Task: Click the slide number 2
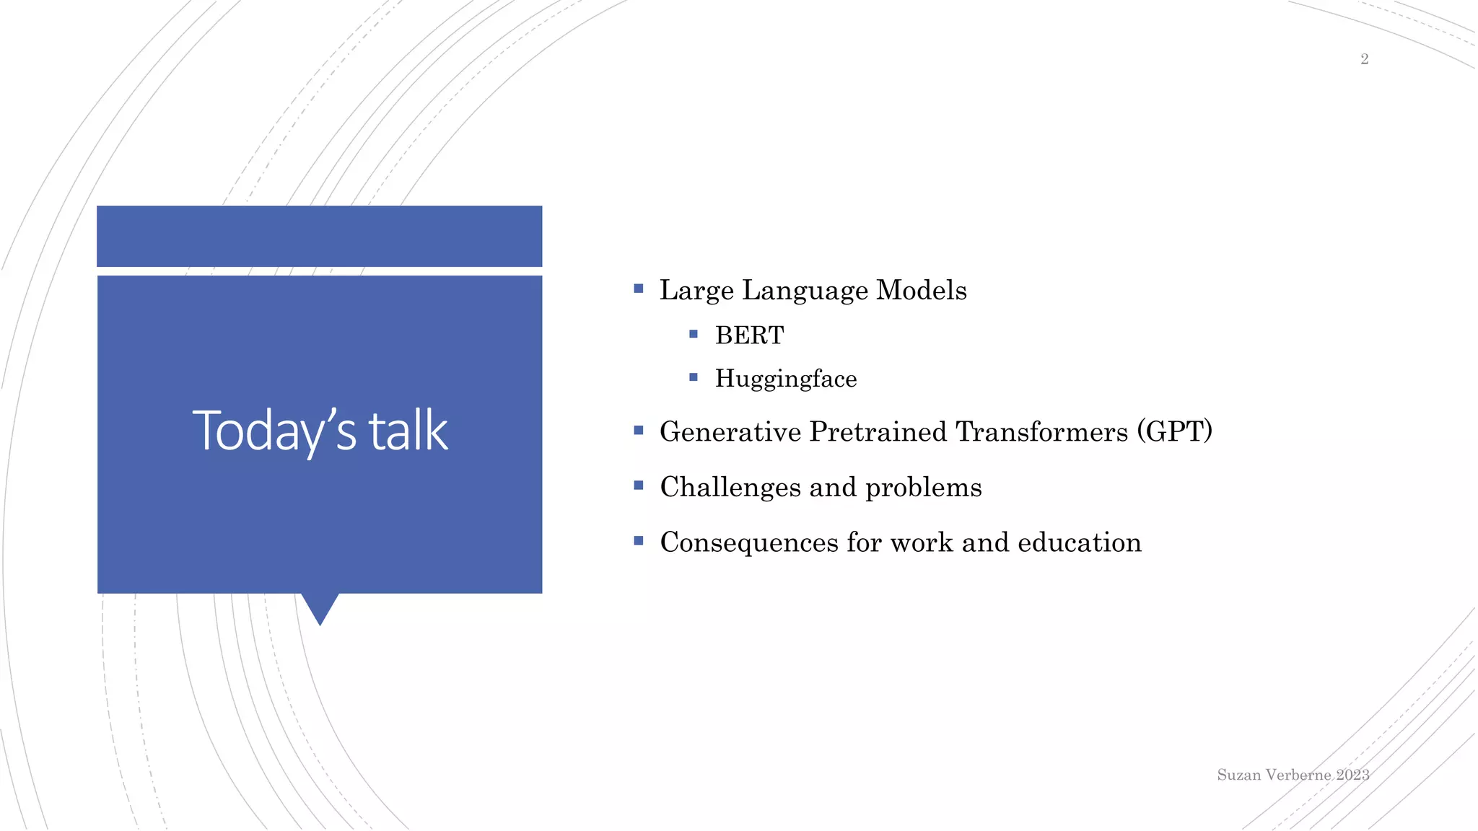[1364, 59]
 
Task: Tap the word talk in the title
[408, 431]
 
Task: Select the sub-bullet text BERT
[749, 335]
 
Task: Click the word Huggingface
[786, 379]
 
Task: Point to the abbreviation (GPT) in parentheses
[1174, 431]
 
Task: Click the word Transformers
[1041, 431]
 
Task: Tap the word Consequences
[749, 542]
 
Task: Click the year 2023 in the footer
[1352, 775]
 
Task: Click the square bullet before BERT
[694, 334]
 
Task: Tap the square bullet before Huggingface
[694, 377]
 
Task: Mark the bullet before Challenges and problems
[639, 485]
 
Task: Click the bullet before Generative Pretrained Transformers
[639, 431]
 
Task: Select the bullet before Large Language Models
[639, 289]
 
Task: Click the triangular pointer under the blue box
[320, 606]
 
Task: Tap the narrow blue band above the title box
[320, 236]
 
